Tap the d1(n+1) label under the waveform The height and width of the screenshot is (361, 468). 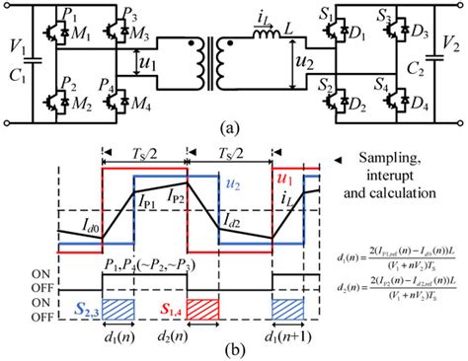[x=292, y=330]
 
